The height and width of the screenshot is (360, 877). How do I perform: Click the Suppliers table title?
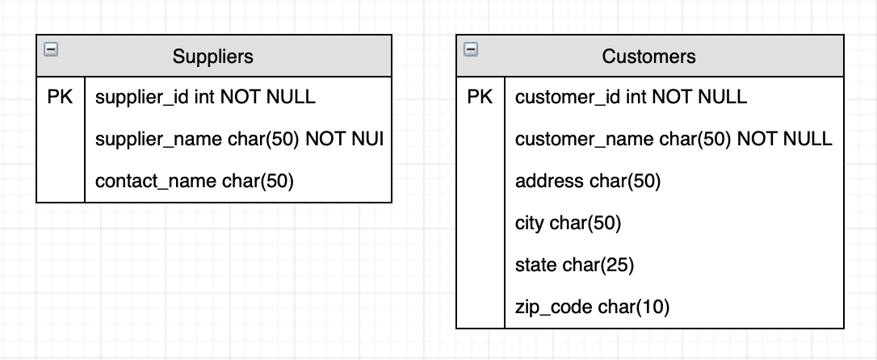(x=212, y=57)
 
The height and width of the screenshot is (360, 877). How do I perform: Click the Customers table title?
(x=648, y=57)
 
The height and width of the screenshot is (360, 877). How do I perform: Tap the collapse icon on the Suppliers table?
(x=50, y=50)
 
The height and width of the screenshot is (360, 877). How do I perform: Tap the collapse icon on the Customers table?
(x=470, y=50)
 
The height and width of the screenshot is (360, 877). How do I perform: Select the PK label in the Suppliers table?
(x=60, y=98)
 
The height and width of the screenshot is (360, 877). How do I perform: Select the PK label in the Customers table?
(x=480, y=98)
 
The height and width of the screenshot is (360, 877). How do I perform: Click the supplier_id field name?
(x=142, y=98)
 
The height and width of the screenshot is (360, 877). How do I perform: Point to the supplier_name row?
(x=238, y=140)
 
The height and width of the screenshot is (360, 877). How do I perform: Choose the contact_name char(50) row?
(x=194, y=182)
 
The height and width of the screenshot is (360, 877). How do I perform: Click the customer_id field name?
(x=568, y=98)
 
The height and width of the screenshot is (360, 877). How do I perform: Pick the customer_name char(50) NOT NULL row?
(x=673, y=140)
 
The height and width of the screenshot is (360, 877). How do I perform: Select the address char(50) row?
(x=588, y=182)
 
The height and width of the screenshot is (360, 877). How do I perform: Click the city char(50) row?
(x=568, y=224)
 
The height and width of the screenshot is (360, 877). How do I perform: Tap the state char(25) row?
(x=574, y=266)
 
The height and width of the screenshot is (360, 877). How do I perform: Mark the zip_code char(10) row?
(x=592, y=308)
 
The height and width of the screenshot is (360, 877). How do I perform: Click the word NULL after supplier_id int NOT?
(x=291, y=98)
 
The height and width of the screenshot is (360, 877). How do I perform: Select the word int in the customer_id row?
(x=636, y=98)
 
